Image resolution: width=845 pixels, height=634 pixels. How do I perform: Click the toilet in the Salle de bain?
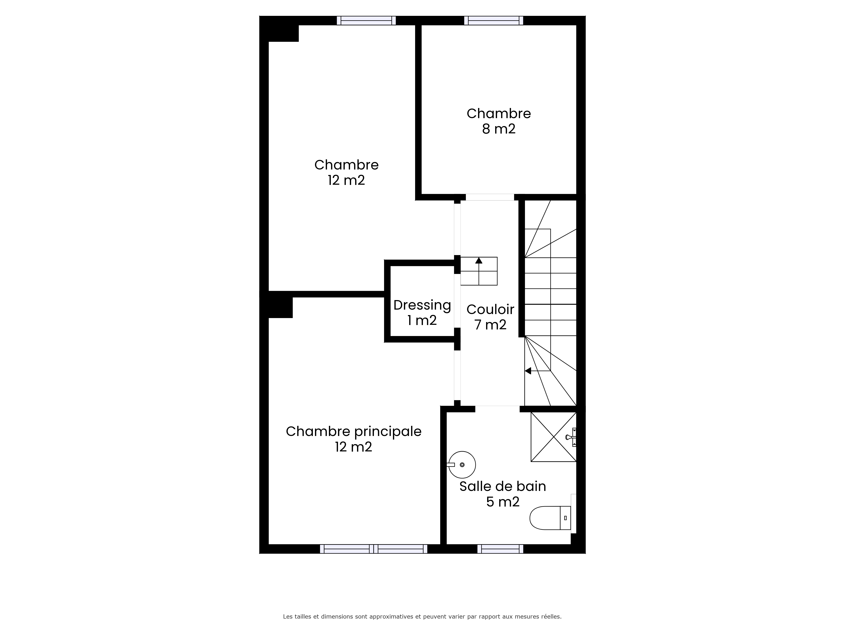point(551,518)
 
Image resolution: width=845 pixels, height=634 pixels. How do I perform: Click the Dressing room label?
point(422,305)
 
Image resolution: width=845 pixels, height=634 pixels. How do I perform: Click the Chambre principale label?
point(353,432)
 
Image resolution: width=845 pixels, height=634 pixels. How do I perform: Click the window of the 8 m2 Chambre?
point(493,21)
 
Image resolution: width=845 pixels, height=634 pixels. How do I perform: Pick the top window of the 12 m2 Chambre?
point(366,21)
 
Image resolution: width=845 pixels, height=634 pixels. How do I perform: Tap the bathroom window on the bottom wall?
point(500,549)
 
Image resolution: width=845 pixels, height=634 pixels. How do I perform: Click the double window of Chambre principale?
point(374,549)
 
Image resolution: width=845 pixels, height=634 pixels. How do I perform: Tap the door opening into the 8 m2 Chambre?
point(490,197)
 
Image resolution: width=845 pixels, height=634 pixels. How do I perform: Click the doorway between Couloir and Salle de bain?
point(497,409)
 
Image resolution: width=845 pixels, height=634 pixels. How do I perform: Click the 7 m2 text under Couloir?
point(490,324)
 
